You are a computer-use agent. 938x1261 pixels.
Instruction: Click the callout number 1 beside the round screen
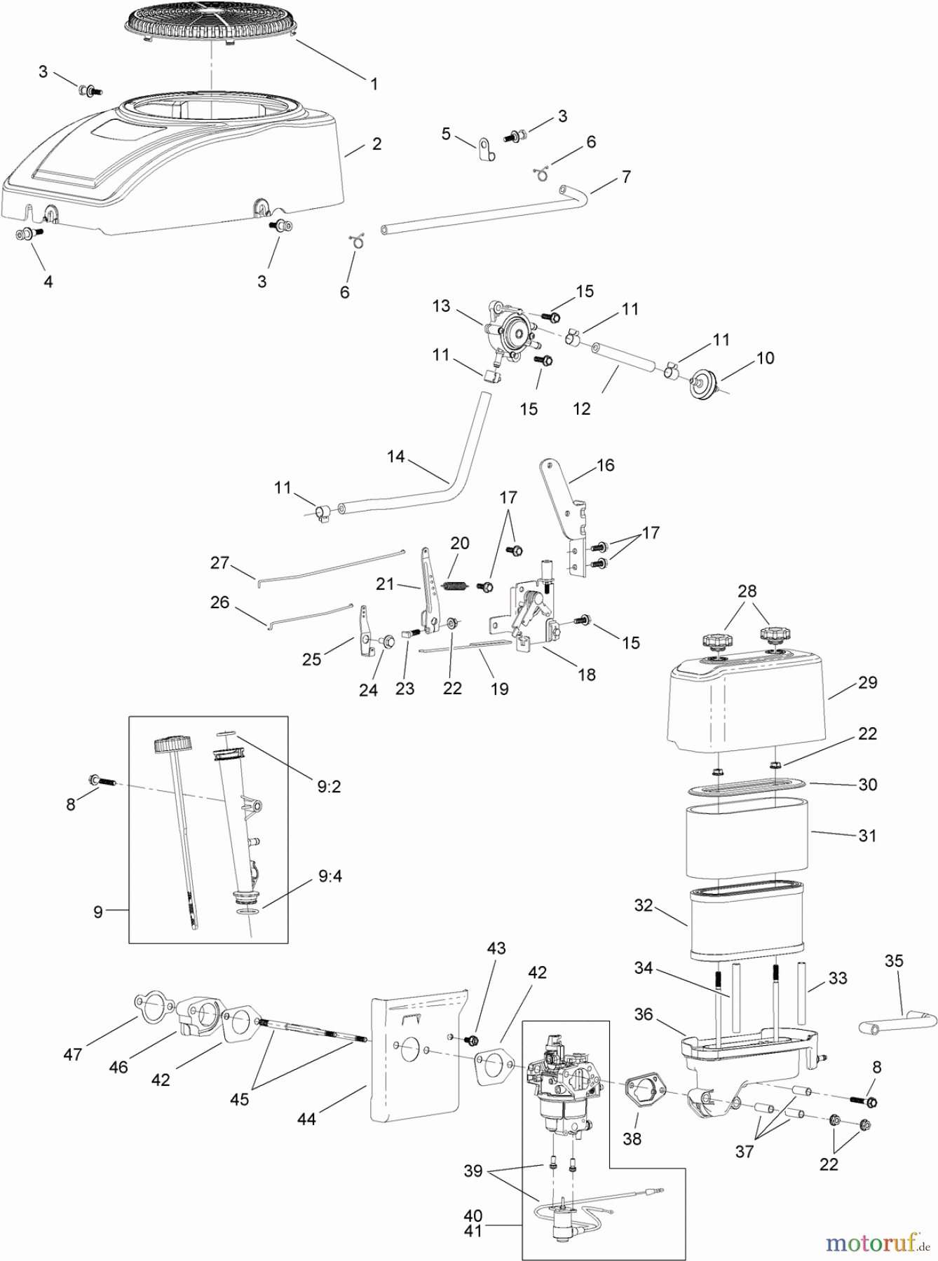point(374,84)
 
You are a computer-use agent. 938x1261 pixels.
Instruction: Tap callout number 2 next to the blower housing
point(377,144)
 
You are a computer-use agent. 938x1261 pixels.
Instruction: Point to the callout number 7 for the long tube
point(626,177)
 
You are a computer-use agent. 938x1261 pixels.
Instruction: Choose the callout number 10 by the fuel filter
point(765,358)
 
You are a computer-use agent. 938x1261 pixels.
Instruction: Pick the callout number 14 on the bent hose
point(396,456)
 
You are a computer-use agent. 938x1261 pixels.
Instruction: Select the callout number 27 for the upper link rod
point(219,563)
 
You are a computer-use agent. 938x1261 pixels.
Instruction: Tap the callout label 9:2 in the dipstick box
point(329,787)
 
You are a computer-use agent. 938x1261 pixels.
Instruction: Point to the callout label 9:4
point(329,876)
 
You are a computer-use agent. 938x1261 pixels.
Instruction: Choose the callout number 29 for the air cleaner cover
point(868,682)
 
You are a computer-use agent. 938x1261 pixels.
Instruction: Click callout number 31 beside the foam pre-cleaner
point(867,835)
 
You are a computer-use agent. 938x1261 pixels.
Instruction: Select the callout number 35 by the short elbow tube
point(894,960)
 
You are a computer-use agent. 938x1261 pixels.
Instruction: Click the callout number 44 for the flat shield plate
point(306,1119)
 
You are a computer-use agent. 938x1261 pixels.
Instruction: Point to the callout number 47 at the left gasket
point(73,1054)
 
